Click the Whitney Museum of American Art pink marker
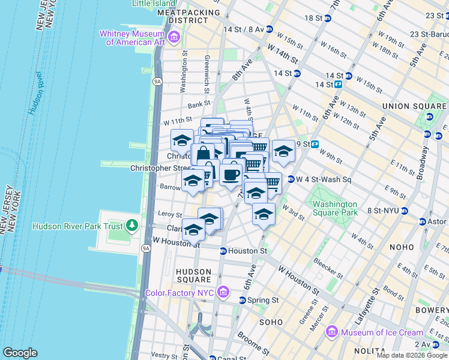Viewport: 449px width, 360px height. tap(174, 39)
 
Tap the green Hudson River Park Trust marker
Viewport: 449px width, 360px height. tap(131, 226)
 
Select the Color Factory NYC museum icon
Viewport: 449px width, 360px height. tap(223, 293)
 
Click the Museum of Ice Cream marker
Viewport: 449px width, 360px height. tap(332, 332)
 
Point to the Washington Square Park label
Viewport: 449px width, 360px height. tap(335, 208)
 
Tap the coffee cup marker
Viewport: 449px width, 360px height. tap(231, 175)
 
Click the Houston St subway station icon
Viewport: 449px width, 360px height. tap(223, 251)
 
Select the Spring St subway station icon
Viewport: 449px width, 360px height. tap(243, 299)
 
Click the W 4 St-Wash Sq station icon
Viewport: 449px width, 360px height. tap(291, 179)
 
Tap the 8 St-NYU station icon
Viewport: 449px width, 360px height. tap(405, 211)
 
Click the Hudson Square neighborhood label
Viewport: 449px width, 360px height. tap(193, 275)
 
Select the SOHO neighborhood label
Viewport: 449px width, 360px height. tap(270, 322)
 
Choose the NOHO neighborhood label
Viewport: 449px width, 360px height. tap(401, 247)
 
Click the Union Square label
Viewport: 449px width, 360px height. tap(414, 106)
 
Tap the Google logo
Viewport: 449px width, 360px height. tap(20, 352)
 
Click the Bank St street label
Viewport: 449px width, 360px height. tap(197, 105)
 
